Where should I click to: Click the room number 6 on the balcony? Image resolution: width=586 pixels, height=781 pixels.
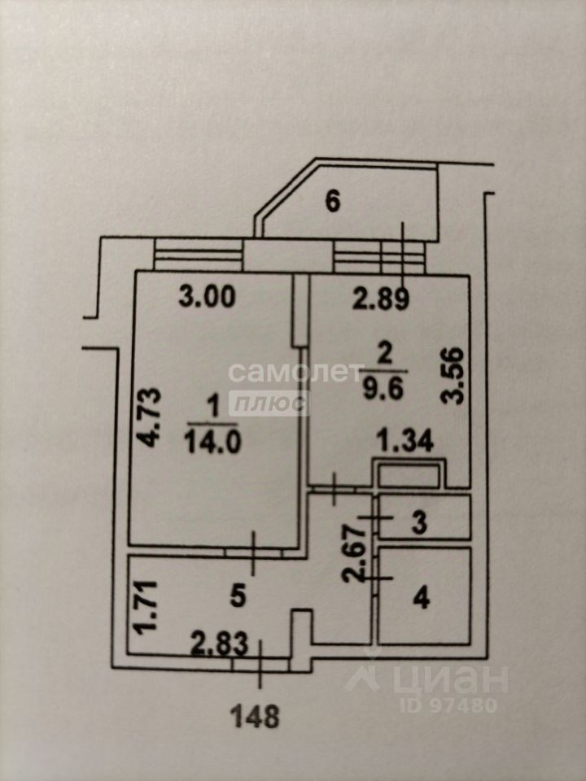332,202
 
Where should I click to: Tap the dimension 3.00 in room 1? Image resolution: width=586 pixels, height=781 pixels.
207,298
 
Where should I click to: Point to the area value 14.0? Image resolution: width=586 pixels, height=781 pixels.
212,442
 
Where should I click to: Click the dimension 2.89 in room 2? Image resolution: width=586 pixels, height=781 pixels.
381,299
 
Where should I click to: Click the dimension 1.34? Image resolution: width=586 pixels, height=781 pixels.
405,441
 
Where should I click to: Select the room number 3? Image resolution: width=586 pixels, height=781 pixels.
420,523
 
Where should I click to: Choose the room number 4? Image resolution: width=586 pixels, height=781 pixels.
421,598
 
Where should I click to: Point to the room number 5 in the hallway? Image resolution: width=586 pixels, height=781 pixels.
238,596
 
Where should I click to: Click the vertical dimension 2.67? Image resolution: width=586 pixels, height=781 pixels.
353,554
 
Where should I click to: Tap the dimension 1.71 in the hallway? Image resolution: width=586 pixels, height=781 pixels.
147,608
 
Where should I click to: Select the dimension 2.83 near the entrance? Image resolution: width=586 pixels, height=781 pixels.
220,645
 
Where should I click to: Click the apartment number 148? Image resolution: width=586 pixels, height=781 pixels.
255,718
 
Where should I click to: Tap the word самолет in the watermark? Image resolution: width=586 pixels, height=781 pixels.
296,372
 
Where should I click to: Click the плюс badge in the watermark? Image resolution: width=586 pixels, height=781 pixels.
269,404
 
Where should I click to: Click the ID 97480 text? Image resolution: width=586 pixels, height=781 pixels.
448,705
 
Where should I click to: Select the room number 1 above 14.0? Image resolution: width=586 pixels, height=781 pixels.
214,409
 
